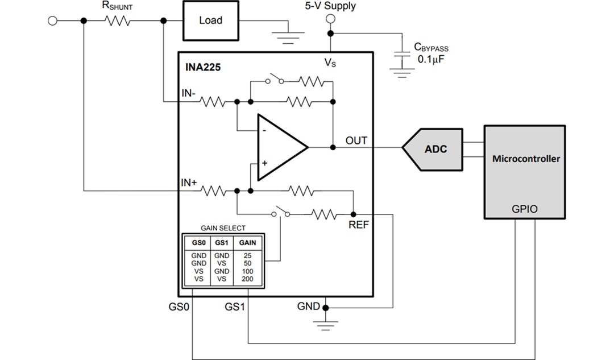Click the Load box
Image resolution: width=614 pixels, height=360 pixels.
pyautogui.click(x=210, y=20)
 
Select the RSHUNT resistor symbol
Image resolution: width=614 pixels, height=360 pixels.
pyautogui.click(x=118, y=21)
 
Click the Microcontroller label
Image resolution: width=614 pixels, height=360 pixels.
pyautogui.click(x=525, y=158)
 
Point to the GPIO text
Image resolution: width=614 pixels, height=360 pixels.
pyautogui.click(x=525, y=209)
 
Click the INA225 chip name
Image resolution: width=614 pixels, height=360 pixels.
pyautogui.click(x=203, y=67)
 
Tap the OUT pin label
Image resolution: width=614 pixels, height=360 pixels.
pyautogui.click(x=356, y=140)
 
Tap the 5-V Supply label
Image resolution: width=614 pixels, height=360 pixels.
pyautogui.click(x=330, y=6)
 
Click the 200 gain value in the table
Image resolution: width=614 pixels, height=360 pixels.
pyautogui.click(x=247, y=279)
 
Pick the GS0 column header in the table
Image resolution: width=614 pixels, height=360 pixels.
pyautogui.click(x=198, y=242)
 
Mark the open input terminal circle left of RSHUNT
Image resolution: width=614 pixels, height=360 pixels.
pyautogui.click(x=53, y=21)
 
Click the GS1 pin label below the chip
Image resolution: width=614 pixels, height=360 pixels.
pyautogui.click(x=235, y=307)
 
